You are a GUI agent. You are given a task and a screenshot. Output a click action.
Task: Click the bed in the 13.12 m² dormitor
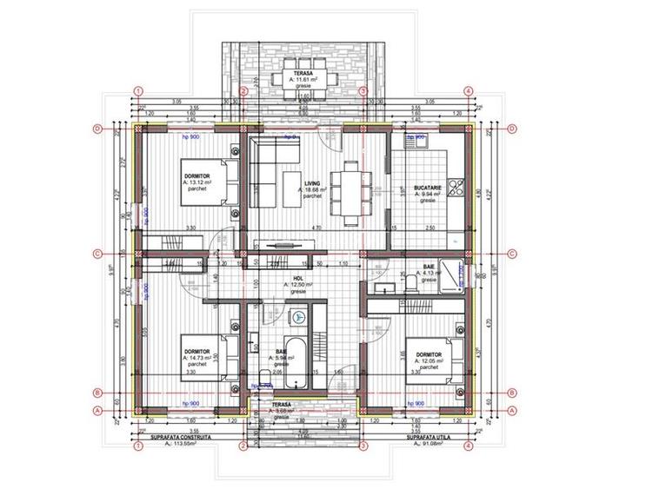209,182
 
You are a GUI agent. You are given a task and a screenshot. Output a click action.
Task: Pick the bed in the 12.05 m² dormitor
435,356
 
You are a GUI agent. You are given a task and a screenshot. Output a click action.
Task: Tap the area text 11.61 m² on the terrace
303,80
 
